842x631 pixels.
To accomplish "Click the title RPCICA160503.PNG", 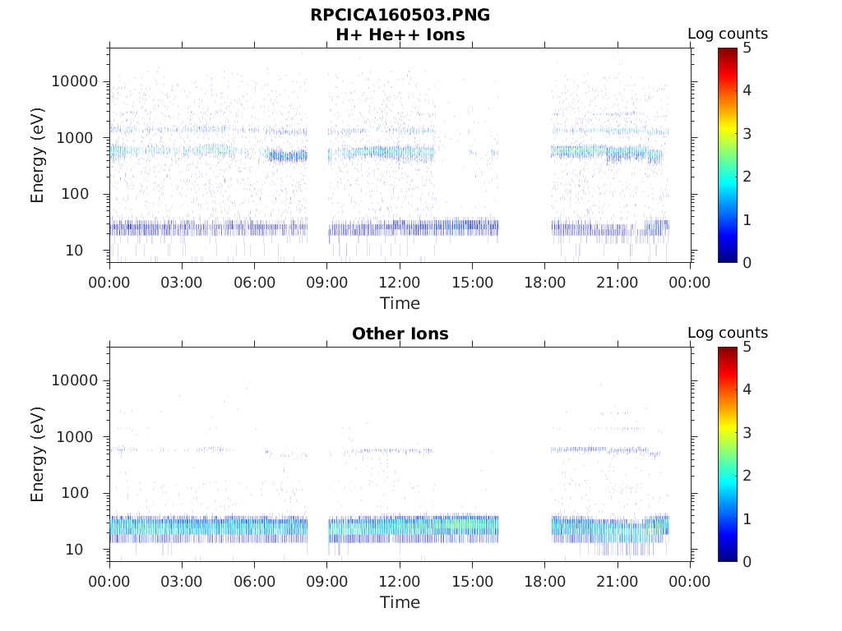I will [x=400, y=15].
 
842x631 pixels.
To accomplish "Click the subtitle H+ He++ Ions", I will [x=400, y=35].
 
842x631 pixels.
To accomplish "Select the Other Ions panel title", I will [x=400, y=334].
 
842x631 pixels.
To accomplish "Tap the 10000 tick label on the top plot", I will [x=75, y=81].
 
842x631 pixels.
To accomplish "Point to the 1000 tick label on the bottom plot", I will [x=80, y=437].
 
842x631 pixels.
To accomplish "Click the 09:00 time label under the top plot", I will [x=327, y=283].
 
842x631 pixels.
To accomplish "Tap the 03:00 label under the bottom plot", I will [x=182, y=582].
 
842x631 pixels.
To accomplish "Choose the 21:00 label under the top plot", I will [x=618, y=283].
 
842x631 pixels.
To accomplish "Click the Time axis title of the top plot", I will [x=400, y=303].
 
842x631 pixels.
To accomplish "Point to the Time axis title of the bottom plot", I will [x=400, y=602].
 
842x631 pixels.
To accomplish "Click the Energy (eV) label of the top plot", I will [x=38, y=155].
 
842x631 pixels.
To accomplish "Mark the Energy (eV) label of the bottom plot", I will [x=38, y=454].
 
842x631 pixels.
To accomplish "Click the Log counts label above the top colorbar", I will [x=727, y=35].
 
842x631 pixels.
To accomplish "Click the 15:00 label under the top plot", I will [x=472, y=283].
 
